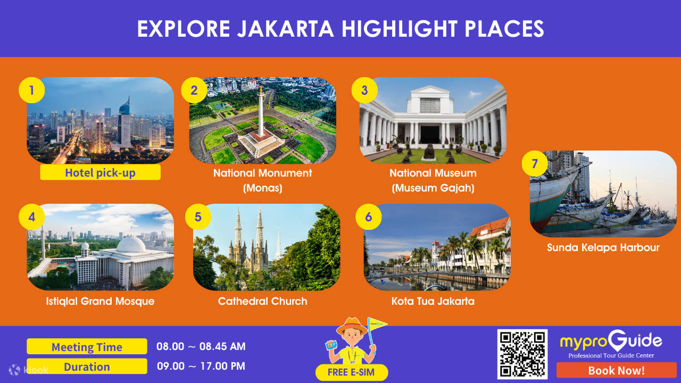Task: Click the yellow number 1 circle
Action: pyautogui.click(x=31, y=90)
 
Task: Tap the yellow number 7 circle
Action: pyautogui.click(x=535, y=164)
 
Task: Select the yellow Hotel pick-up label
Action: pyautogui.click(x=100, y=172)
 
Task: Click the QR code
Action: pyautogui.click(x=522, y=354)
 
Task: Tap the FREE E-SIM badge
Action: pyautogui.click(x=352, y=372)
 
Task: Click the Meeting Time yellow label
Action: pyautogui.click(x=87, y=347)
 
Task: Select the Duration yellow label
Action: pyautogui.click(x=87, y=367)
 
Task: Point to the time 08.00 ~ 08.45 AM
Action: pyautogui.click(x=201, y=347)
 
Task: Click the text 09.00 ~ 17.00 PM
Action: pyautogui.click(x=201, y=366)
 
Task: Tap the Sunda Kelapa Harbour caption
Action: pyautogui.click(x=603, y=247)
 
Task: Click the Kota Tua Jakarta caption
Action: pyautogui.click(x=433, y=301)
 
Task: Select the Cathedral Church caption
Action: pyautogui.click(x=263, y=301)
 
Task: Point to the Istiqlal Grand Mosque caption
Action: pyautogui.click(x=100, y=301)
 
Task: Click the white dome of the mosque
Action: pyautogui.click(x=130, y=245)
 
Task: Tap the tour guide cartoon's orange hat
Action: pyautogui.click(x=351, y=325)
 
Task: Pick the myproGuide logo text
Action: pyautogui.click(x=611, y=341)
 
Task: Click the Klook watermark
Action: pyautogui.click(x=29, y=370)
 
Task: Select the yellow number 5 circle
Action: pyautogui.click(x=198, y=217)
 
